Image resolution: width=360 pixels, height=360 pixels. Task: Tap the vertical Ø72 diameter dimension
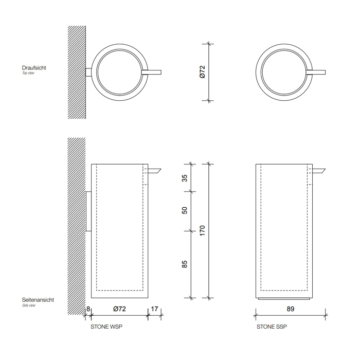pos(202,71)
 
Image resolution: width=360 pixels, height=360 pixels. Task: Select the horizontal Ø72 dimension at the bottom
pos(119,309)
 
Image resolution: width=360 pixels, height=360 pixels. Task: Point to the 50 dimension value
pos(185,210)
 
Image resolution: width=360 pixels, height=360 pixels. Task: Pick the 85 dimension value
pos(185,264)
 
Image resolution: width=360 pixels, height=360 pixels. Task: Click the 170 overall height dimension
pos(202,230)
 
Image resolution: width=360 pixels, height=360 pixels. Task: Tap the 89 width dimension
pos(291,309)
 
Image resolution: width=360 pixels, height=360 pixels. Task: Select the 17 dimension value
pos(154,309)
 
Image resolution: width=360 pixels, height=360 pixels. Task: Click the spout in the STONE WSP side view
pos(154,170)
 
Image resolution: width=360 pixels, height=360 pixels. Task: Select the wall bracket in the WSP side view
pos(88,211)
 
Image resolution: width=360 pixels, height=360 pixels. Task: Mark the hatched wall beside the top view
pos(77,71)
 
